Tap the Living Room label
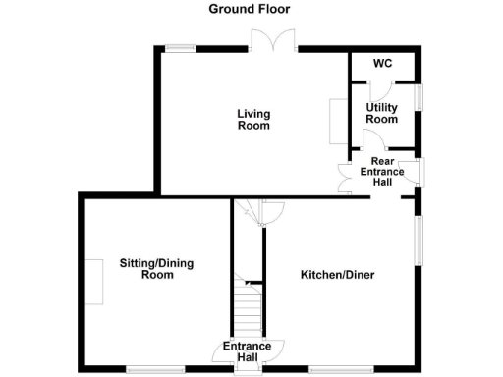253,119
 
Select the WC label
382,63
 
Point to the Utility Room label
382,113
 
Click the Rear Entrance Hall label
387,172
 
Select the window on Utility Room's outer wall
419,98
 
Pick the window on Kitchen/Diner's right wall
419,240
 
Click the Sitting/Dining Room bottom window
147,369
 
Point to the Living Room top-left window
179,47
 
